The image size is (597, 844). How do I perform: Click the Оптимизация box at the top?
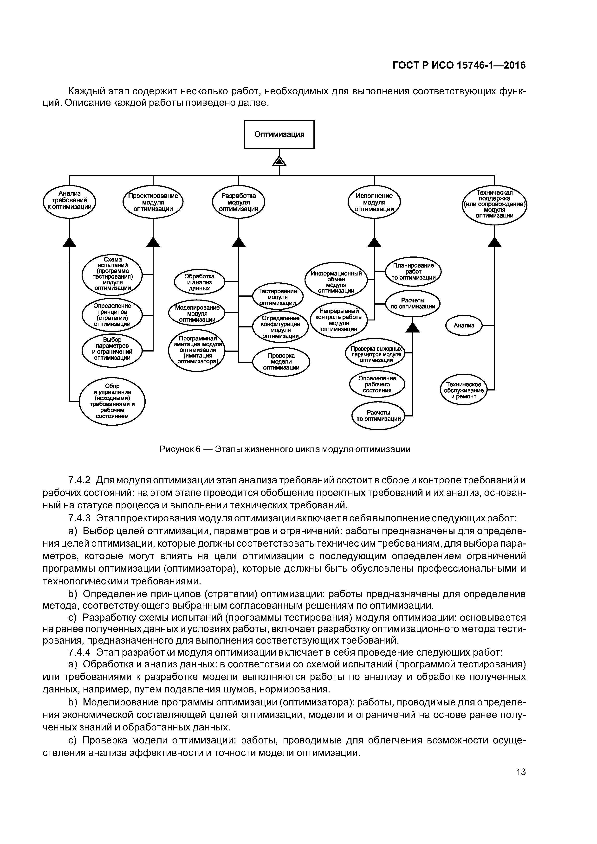[x=279, y=134]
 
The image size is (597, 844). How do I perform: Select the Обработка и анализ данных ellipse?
[x=199, y=282]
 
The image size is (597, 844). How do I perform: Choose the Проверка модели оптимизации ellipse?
[x=281, y=361]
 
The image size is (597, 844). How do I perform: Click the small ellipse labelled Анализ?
[x=464, y=325]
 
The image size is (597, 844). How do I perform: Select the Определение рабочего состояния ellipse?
[x=377, y=384]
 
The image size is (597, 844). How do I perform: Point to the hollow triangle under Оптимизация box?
[x=279, y=161]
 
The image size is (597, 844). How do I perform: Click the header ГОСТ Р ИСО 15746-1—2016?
[x=459, y=65]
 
